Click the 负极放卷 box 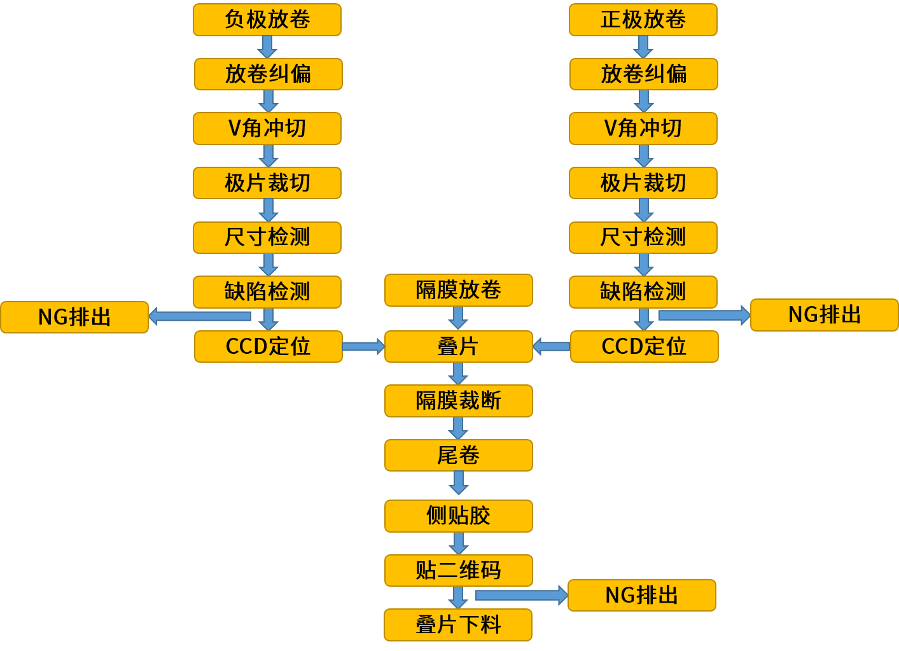pos(267,20)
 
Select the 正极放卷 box pos(643,20)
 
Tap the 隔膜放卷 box pos(459,290)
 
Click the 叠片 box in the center pos(459,347)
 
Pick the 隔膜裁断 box pos(459,401)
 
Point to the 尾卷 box pos(459,456)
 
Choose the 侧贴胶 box pos(459,516)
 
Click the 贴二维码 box pos(459,570)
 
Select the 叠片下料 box pos(458,625)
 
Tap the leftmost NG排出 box pos(74,317)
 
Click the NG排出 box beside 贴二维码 pos(642,596)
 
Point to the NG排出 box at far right pos(825,315)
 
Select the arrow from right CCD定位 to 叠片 pos(551,347)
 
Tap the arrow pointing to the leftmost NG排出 pos(200,316)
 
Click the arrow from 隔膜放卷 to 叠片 pos(458,318)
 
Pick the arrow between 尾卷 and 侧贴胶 pos(459,483)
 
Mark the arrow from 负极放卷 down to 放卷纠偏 pos(267,46)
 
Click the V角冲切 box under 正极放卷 pos(643,129)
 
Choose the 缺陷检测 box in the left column pos(267,292)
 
